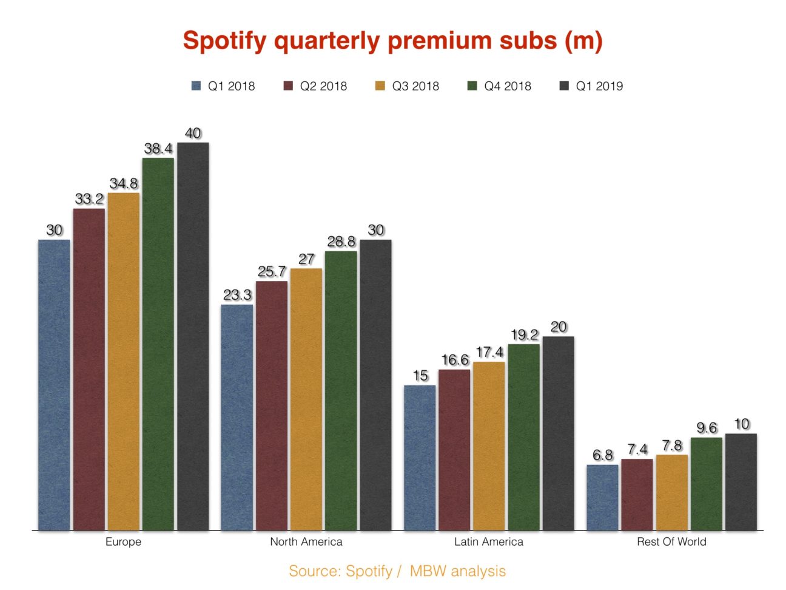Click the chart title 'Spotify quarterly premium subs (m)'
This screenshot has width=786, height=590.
tap(392, 41)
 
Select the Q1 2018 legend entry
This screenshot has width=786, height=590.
tap(223, 86)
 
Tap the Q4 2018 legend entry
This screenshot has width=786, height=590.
tap(499, 86)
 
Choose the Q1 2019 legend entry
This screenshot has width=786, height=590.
tap(591, 86)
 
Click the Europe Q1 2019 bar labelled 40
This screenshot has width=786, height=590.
tap(193, 337)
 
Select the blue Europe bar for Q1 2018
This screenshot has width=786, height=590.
tap(54, 385)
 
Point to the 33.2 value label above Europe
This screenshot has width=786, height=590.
tap(89, 199)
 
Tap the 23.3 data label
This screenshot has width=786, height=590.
tap(237, 295)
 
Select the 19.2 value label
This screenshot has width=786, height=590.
tap(525, 335)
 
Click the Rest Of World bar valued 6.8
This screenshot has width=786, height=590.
tap(603, 497)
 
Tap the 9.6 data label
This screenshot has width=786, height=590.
tap(707, 428)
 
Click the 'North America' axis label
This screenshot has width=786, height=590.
tap(306, 541)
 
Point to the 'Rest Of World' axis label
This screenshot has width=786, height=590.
tap(671, 541)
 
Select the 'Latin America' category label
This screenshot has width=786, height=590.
tap(489, 541)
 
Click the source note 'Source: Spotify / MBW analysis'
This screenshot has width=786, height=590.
tap(397, 571)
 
